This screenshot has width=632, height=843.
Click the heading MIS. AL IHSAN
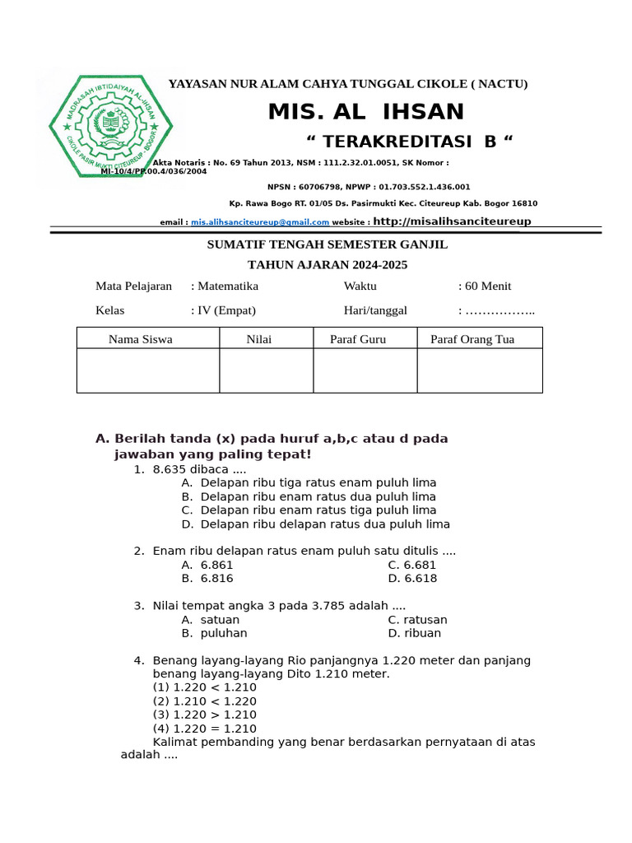coord(366,112)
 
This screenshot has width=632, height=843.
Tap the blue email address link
coord(260,222)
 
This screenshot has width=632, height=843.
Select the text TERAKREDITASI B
coord(409,142)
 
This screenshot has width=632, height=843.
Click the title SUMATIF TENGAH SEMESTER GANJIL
coord(326,245)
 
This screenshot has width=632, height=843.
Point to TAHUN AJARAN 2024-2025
coord(328,265)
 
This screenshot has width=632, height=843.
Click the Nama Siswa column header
coord(141,339)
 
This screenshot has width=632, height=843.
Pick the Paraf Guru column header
coord(358,339)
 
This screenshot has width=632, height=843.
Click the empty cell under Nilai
coord(266,370)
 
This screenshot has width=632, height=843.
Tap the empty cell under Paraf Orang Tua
coord(480,370)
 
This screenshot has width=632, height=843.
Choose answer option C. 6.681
coord(412,565)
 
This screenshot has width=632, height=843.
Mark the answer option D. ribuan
coord(415,633)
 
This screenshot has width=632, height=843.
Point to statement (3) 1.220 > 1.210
coord(205,715)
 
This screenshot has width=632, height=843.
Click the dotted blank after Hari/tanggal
coord(500,311)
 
